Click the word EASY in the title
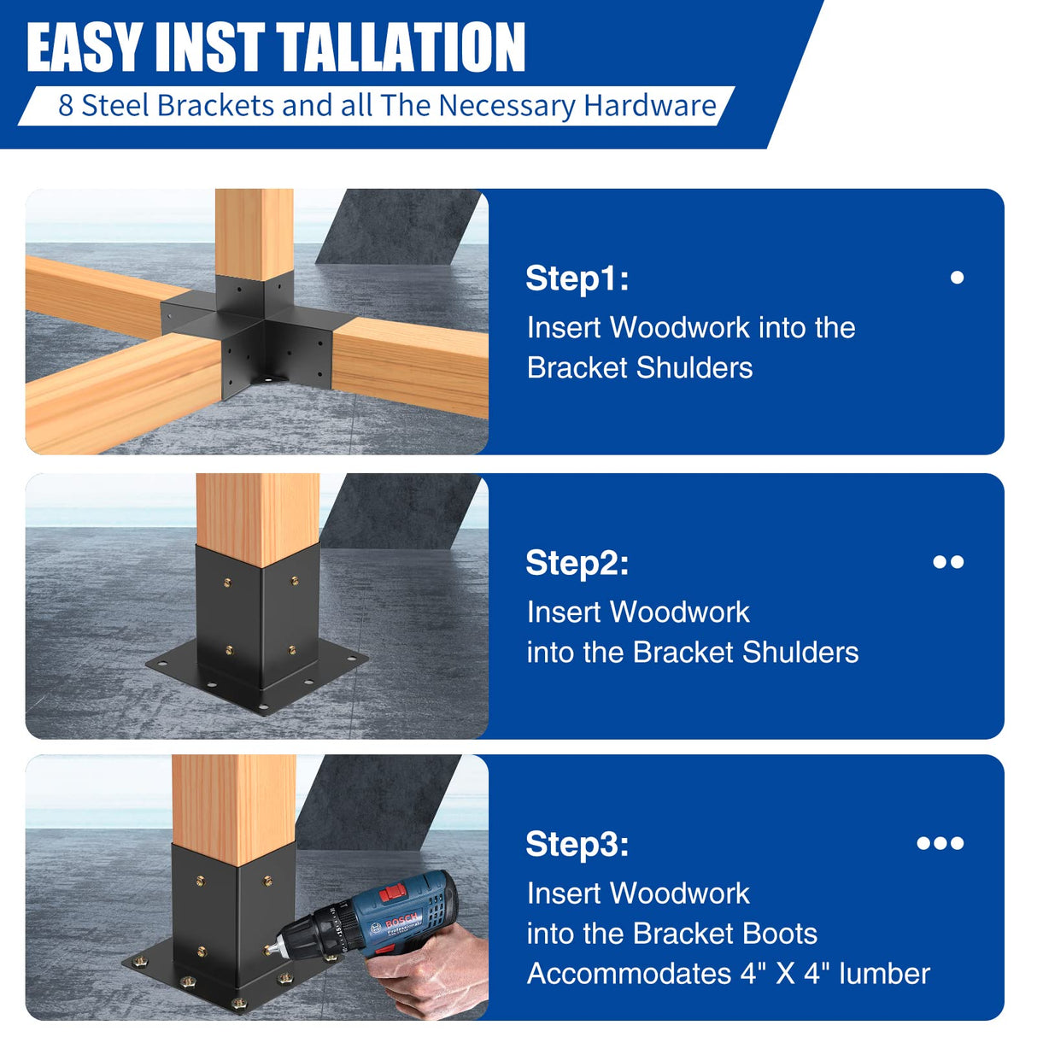click(84, 48)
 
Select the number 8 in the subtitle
click(66, 106)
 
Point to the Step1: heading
click(577, 278)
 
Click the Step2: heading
click(577, 563)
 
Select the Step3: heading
click(577, 844)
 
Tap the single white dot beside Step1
click(957, 278)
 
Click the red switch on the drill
click(393, 893)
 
